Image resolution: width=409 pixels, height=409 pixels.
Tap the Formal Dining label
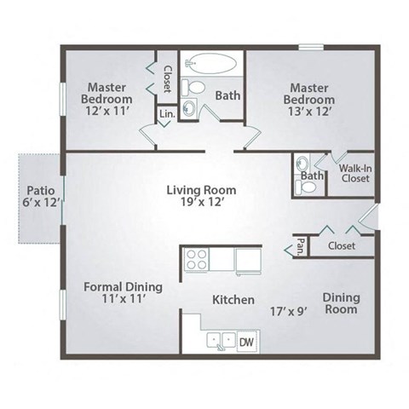click(123, 287)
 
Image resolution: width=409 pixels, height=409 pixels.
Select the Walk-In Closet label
click(355, 172)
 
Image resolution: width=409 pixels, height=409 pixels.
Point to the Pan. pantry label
click(300, 245)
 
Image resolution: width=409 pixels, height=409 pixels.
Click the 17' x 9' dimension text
click(288, 311)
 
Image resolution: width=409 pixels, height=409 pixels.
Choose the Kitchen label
click(233, 300)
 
